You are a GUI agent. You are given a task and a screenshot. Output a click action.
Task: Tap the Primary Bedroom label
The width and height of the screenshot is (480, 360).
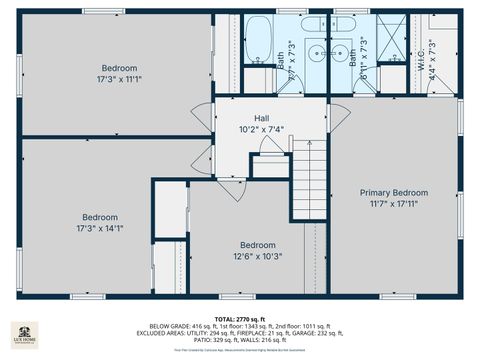click(394, 193)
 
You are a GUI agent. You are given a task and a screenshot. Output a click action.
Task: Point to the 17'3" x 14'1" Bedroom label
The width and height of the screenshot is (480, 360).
click(100, 217)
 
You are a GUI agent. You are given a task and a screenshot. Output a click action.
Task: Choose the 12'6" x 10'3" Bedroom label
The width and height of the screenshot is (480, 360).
click(257, 245)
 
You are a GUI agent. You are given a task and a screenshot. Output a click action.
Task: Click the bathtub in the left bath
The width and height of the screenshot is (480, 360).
click(257, 40)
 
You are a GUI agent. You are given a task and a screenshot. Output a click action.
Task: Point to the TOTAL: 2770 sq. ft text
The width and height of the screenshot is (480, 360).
click(240, 318)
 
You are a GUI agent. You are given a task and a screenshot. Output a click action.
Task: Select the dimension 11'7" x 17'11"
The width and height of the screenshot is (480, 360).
click(394, 204)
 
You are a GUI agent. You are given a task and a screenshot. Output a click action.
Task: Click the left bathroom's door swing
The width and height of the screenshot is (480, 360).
click(292, 84)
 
